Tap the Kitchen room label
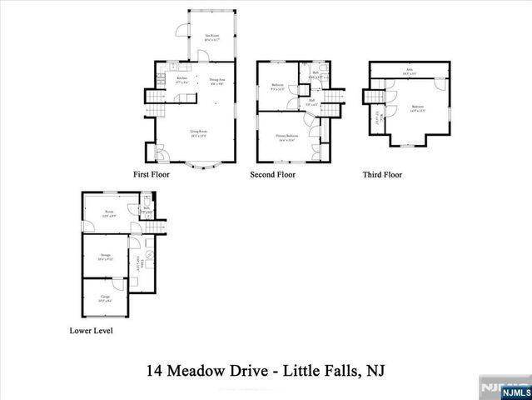[182, 80]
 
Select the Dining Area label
[217, 81]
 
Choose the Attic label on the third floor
[410, 71]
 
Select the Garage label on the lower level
[106, 297]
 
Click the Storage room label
[105, 257]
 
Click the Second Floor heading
[272, 175]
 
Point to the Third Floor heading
[382, 175]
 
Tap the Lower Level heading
[92, 331]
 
